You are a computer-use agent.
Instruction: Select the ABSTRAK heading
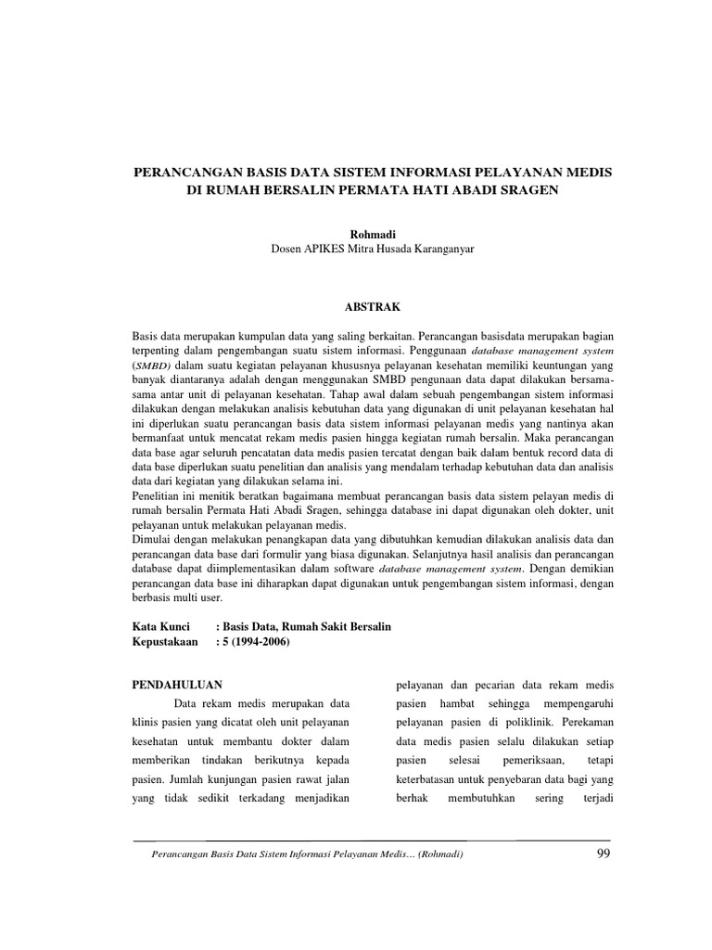click(356, 303)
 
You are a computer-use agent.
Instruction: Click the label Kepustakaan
click(169, 642)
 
